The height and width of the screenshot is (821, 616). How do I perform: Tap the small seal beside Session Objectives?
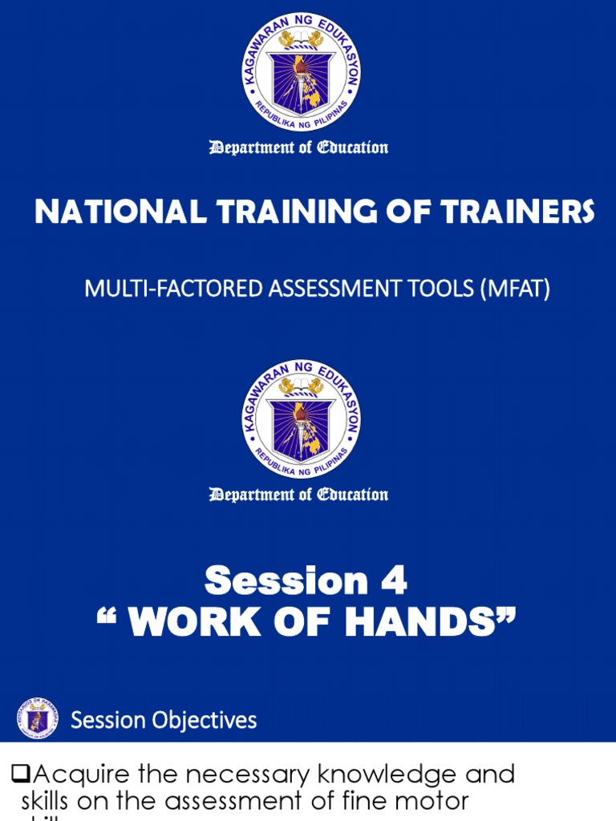click(x=38, y=718)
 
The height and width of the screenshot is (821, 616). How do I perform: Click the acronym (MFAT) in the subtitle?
click(x=515, y=289)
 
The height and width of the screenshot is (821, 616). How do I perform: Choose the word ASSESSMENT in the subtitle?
click(x=331, y=289)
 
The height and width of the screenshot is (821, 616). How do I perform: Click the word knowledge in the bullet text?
click(x=337, y=774)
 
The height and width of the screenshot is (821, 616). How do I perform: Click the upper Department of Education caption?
click(x=298, y=148)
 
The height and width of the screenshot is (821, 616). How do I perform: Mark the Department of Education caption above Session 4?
click(x=298, y=494)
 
